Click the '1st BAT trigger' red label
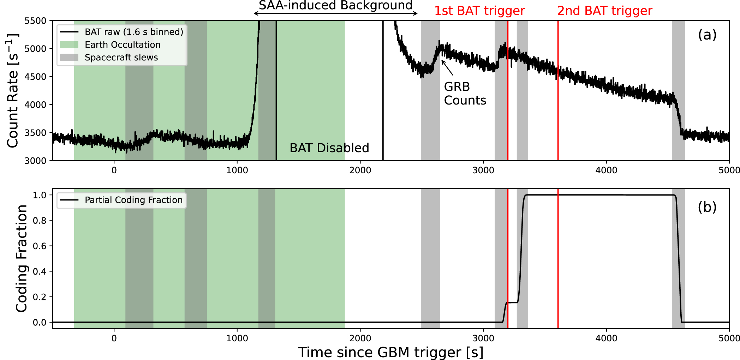(x=479, y=11)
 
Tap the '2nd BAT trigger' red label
(x=604, y=11)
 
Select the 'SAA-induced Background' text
(x=335, y=5)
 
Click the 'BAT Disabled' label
(x=329, y=148)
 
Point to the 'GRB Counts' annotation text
(x=465, y=94)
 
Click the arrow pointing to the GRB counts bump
(x=447, y=68)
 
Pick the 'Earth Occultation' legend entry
(x=123, y=45)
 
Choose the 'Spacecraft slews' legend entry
(x=121, y=58)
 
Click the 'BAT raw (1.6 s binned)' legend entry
(x=134, y=32)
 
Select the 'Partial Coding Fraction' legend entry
(x=133, y=200)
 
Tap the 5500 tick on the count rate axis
(x=35, y=21)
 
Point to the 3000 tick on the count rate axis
(x=35, y=161)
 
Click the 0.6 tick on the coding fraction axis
(x=40, y=246)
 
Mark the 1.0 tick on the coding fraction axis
(x=40, y=195)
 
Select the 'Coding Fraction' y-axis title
(x=22, y=258)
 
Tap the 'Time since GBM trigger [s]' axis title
(x=390, y=352)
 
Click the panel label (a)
(x=707, y=35)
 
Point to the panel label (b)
(x=707, y=207)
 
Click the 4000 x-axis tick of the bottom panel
(x=606, y=338)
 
